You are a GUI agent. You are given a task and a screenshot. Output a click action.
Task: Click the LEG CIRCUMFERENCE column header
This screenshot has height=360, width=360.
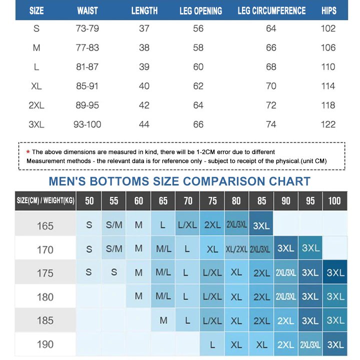(x=271, y=10)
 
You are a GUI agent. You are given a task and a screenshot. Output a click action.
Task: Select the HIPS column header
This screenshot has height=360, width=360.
(x=328, y=10)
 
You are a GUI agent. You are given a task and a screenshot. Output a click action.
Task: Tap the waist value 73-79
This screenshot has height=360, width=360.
(x=87, y=28)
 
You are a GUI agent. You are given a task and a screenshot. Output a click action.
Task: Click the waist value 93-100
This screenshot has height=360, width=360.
(x=87, y=124)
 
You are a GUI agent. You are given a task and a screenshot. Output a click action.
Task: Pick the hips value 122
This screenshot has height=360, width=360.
(x=328, y=124)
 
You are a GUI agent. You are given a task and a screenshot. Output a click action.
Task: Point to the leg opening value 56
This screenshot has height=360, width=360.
(x=198, y=28)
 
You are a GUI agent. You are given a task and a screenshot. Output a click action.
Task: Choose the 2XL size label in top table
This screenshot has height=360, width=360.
(x=36, y=105)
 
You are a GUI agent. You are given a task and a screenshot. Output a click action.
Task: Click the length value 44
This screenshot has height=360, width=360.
(x=144, y=124)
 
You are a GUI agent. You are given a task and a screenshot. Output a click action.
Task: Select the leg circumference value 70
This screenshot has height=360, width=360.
(x=271, y=86)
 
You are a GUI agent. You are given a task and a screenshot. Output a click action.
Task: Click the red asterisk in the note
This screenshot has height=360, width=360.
(x=28, y=151)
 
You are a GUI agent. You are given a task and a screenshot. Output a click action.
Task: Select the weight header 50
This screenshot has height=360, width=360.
(x=89, y=201)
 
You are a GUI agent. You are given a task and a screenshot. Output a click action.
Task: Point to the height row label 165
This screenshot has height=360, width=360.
(x=45, y=225)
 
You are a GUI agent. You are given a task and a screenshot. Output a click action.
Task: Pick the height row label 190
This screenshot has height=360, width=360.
(x=45, y=344)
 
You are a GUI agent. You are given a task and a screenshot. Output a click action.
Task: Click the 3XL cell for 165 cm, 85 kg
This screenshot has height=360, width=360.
(x=261, y=225)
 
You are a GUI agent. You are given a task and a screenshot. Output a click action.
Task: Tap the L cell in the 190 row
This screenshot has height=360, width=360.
(x=212, y=344)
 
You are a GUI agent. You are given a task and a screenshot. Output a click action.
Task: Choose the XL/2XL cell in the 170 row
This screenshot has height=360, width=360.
(x=236, y=249)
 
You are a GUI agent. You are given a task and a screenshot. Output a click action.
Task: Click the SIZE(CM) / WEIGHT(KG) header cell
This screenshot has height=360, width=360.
(x=45, y=201)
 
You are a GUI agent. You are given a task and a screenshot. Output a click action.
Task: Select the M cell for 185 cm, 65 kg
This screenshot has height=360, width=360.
(x=163, y=320)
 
